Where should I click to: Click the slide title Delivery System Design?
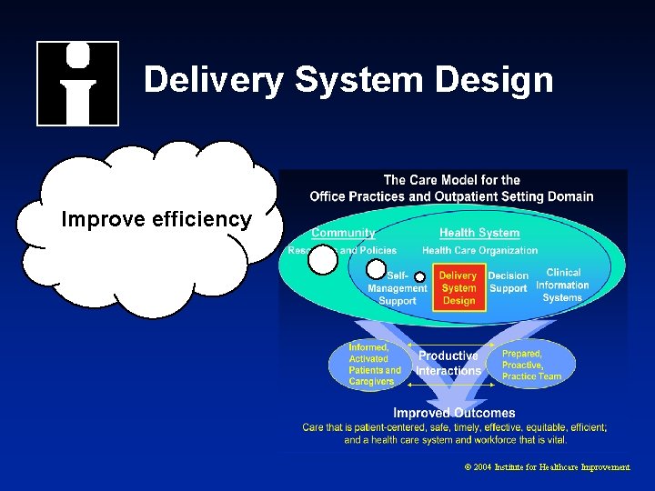click(348, 80)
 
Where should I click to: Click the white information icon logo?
click(77, 83)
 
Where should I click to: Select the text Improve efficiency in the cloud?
click(156, 219)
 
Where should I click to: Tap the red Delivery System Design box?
click(458, 287)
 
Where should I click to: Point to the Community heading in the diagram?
click(343, 233)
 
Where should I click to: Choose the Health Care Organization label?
click(479, 250)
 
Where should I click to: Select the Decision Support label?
click(508, 282)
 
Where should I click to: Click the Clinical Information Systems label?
click(562, 285)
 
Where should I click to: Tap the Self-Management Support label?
click(398, 287)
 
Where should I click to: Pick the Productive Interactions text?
click(448, 363)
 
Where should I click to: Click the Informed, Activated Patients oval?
click(374, 365)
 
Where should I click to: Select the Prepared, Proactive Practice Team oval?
click(532, 365)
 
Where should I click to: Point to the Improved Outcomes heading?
click(454, 413)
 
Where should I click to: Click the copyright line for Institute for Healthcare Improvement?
click(547, 466)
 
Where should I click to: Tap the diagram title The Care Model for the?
click(451, 180)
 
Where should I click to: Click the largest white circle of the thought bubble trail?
click(322, 261)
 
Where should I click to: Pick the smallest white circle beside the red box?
click(419, 276)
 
